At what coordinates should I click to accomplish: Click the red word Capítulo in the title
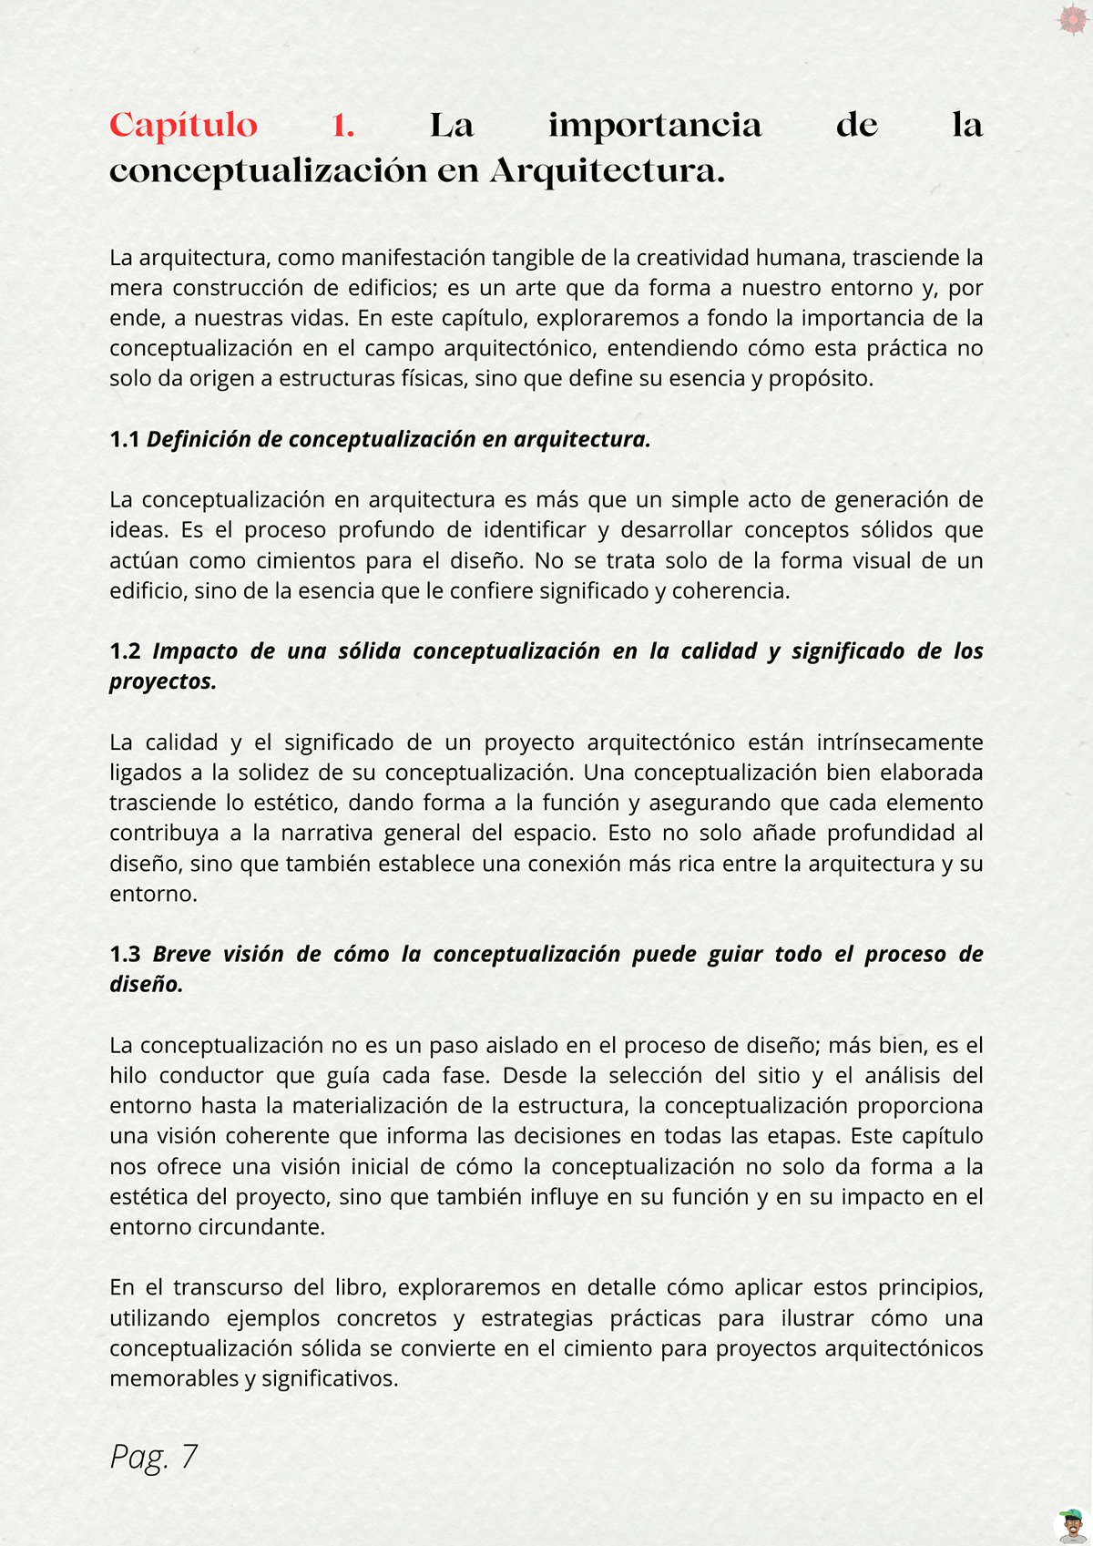183,126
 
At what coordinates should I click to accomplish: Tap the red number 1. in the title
343,126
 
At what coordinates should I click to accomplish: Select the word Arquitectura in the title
607,171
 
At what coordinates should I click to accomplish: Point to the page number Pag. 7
153,1456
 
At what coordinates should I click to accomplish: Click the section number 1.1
124,439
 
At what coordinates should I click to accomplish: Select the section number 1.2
125,651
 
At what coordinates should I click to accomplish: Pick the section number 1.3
125,954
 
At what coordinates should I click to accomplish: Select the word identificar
535,530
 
